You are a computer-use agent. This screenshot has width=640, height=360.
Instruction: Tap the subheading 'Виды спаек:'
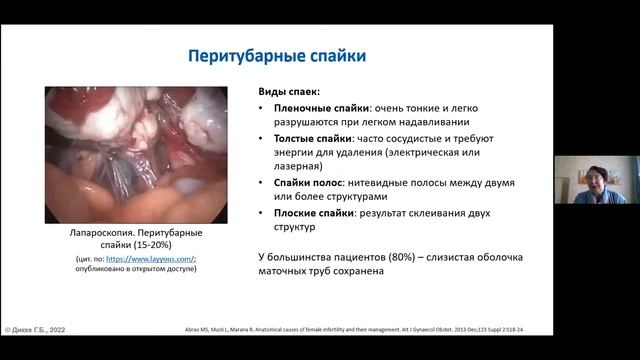tap(286, 90)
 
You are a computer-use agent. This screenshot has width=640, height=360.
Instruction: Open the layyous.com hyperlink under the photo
tap(158, 259)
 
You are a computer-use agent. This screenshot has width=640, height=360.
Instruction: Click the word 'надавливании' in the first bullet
tap(456, 122)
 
